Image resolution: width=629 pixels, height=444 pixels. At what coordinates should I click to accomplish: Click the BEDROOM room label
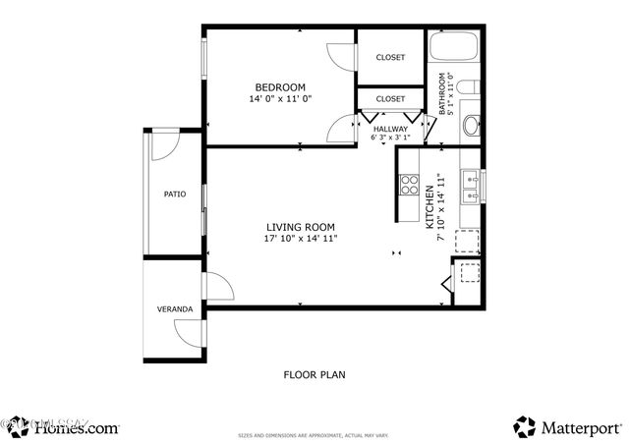tap(280, 86)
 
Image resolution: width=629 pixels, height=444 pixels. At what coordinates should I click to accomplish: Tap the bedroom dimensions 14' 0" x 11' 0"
tap(280, 99)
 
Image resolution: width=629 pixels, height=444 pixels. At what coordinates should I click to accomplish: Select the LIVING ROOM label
tap(301, 226)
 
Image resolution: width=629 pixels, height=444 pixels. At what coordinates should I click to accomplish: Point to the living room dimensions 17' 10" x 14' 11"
tap(301, 239)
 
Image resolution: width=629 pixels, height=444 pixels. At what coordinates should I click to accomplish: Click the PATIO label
tap(175, 194)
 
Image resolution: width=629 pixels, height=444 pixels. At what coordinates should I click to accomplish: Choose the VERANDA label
tap(174, 309)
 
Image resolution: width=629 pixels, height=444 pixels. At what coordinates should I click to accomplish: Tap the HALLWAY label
tap(389, 128)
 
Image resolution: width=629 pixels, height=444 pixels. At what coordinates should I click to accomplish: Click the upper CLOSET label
tap(390, 57)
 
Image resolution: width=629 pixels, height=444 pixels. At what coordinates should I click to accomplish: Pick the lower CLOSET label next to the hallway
tap(390, 99)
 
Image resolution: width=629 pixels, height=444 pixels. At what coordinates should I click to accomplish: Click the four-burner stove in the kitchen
tap(408, 184)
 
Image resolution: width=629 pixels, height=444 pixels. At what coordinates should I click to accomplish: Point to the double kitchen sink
tap(471, 186)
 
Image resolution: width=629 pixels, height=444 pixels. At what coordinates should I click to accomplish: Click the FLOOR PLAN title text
tap(314, 374)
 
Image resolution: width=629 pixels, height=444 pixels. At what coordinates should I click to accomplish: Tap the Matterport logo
tap(568, 427)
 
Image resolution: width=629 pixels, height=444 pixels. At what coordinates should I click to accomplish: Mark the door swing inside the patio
tap(165, 145)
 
